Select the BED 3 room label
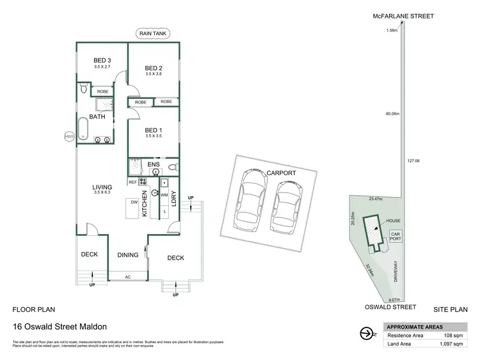[x=102, y=62]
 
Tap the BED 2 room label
[x=154, y=68]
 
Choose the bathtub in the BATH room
[x=84, y=128]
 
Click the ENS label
[x=154, y=165]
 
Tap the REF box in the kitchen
[x=132, y=182]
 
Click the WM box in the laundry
[x=164, y=194]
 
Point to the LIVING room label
[x=102, y=187]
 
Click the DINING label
[x=128, y=255]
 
